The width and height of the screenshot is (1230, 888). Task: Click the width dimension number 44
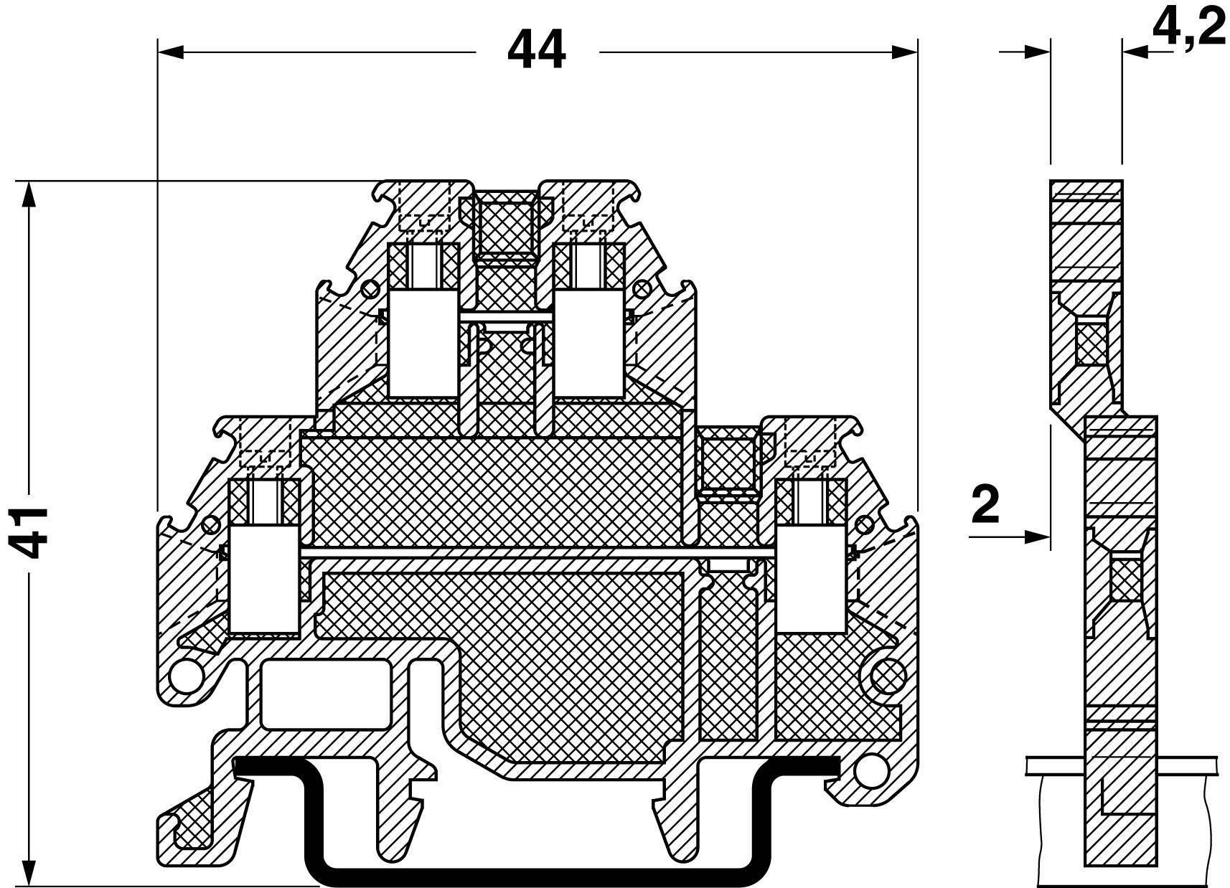coord(536,50)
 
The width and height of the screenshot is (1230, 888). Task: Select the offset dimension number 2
coord(985,504)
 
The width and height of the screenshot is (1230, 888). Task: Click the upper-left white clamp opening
coord(422,343)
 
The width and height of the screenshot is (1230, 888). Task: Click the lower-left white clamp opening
coord(263,578)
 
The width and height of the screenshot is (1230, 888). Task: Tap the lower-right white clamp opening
coord(810,578)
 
